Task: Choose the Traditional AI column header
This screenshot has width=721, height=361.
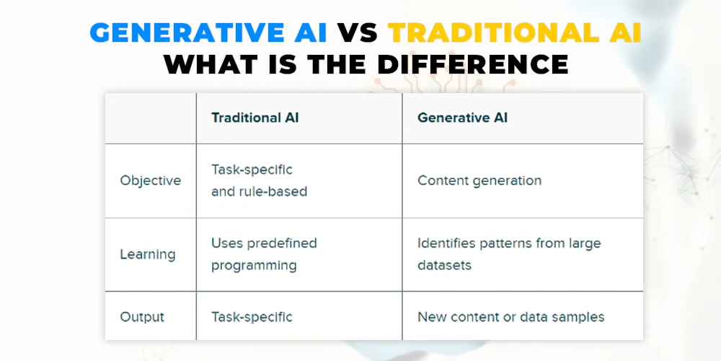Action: pyautogui.click(x=255, y=118)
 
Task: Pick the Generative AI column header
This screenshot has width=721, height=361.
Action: pyautogui.click(x=463, y=118)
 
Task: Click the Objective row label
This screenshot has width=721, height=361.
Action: pyautogui.click(x=151, y=180)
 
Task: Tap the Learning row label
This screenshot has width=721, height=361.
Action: pyautogui.click(x=148, y=254)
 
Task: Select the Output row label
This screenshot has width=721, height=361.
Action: pyautogui.click(x=142, y=317)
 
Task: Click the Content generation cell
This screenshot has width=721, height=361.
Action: pyautogui.click(x=479, y=180)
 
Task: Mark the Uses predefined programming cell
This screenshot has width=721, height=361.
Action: pyautogui.click(x=264, y=254)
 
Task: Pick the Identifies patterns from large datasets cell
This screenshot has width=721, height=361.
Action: pyautogui.click(x=509, y=254)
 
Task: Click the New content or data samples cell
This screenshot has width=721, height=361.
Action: pyautogui.click(x=511, y=317)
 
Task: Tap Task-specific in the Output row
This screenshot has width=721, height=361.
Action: pyautogui.click(x=252, y=317)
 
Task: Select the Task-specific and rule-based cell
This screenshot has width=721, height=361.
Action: pyautogui.click(x=260, y=180)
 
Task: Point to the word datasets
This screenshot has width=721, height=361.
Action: pyautogui.click(x=444, y=266)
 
